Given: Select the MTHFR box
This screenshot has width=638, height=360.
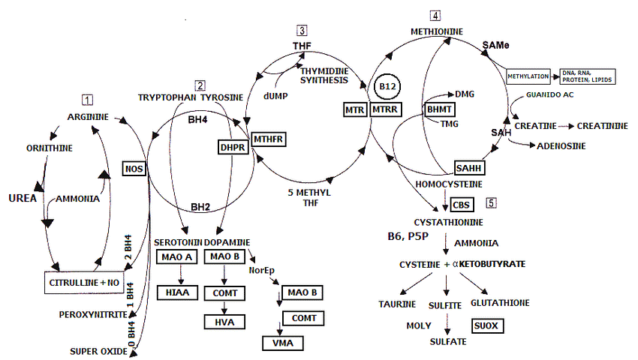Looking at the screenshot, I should click(x=269, y=139).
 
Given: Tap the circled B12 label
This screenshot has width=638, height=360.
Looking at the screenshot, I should click(x=388, y=87).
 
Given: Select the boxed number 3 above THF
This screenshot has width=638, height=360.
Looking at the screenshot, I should click(x=302, y=31).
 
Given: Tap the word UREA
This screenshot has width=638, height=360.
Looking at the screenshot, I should click(x=23, y=198).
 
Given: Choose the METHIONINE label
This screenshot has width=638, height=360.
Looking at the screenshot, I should click(x=436, y=31).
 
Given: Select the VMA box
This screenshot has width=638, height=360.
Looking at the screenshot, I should click(x=283, y=343).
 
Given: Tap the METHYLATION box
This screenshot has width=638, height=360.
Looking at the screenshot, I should click(x=528, y=76).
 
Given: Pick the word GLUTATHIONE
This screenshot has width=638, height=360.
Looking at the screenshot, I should click(x=499, y=302).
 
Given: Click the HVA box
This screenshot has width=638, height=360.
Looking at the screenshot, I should click(x=223, y=322).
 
